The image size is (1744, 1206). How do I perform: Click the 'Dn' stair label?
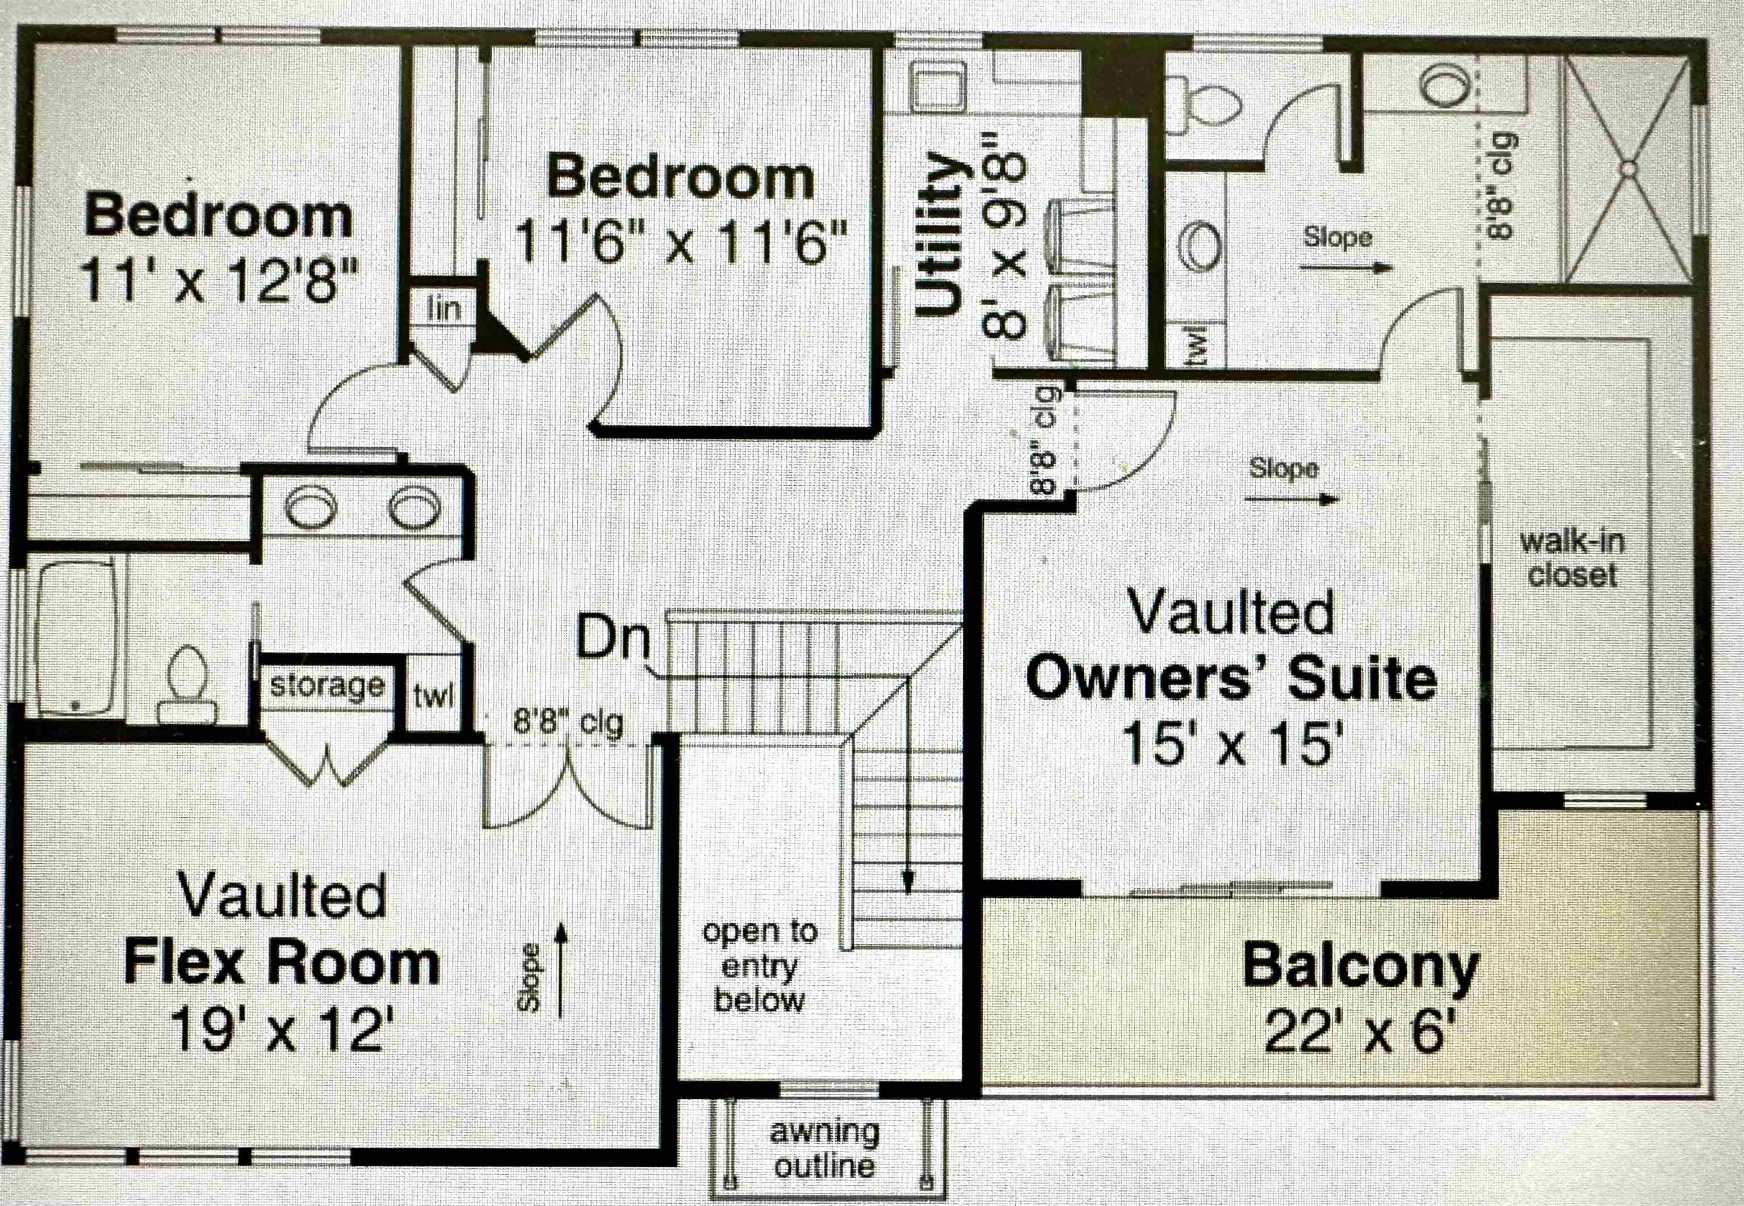(x=613, y=638)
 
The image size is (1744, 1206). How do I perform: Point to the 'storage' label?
(x=328, y=686)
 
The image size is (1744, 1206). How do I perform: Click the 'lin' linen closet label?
(x=444, y=308)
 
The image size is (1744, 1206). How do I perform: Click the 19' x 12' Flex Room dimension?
(x=282, y=1029)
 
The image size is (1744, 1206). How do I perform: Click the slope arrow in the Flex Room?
(x=561, y=970)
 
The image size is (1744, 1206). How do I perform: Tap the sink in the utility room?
(x=937, y=85)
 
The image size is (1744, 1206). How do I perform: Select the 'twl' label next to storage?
(x=433, y=696)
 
